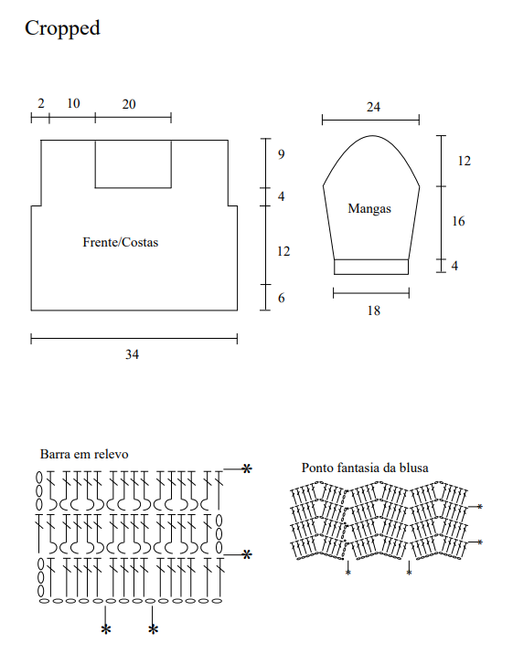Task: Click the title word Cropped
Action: click(x=62, y=29)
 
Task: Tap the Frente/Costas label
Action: click(x=120, y=242)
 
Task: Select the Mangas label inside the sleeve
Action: click(x=369, y=209)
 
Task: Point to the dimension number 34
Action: click(x=132, y=354)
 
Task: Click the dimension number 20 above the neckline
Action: click(x=129, y=104)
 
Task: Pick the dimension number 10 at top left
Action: click(x=73, y=103)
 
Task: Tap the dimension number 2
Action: click(x=40, y=103)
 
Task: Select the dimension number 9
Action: click(x=282, y=154)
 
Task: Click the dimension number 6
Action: click(x=282, y=298)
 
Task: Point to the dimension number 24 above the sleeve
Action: click(x=373, y=107)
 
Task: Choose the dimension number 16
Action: click(x=458, y=221)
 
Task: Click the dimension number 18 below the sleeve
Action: click(x=373, y=310)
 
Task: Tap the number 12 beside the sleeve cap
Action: click(x=464, y=161)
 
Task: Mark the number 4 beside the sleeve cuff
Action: click(x=454, y=266)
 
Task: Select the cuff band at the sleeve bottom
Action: click(x=371, y=267)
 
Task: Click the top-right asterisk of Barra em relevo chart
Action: click(x=247, y=468)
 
